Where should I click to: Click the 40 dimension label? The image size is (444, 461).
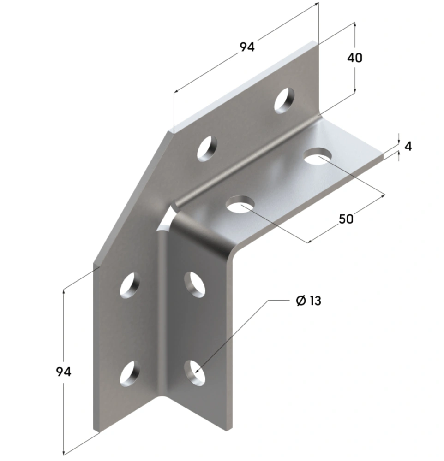[x=355, y=58]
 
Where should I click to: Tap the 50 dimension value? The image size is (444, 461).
[x=346, y=219]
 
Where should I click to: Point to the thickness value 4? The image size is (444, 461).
[x=408, y=146]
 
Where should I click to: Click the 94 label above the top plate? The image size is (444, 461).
[x=247, y=47]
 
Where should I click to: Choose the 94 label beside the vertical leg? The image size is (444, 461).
[x=63, y=372]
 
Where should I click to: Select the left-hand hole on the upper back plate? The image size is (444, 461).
[x=208, y=148]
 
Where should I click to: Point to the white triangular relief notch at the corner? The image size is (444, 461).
[x=165, y=222]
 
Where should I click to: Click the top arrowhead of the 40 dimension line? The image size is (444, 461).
[x=354, y=24]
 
